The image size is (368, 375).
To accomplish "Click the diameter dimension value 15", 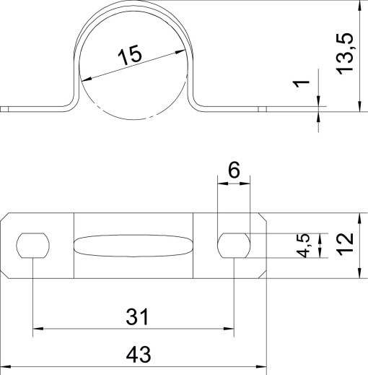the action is [x=130, y=55].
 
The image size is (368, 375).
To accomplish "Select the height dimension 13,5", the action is [x=345, y=53].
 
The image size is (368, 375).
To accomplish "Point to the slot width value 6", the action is [x=234, y=170].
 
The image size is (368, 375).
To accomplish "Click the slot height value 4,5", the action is [x=302, y=246].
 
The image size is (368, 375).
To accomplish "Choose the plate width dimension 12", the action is [x=345, y=246].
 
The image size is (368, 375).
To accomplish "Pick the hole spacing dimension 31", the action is [x=137, y=316].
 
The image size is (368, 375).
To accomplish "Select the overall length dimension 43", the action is [x=139, y=355].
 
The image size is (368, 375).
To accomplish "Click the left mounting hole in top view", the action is [x=33, y=246].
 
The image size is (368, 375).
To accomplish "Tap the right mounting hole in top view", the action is [x=234, y=246].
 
